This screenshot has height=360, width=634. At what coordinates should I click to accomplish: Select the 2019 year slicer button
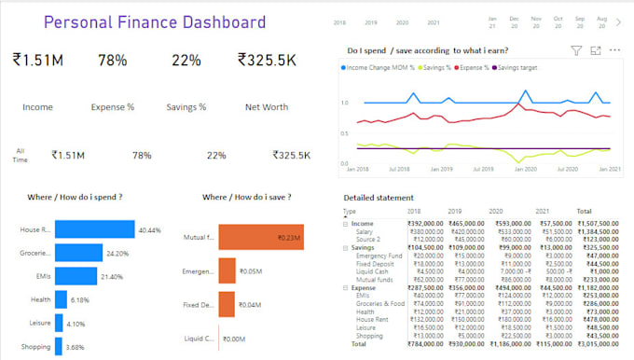pyautogui.click(x=371, y=21)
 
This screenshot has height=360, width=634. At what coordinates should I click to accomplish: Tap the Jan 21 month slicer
pyautogui.click(x=491, y=23)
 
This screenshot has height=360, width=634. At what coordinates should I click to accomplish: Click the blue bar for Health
pyautogui.click(x=61, y=299)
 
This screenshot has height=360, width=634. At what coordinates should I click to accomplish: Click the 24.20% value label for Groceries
pyautogui.click(x=117, y=253)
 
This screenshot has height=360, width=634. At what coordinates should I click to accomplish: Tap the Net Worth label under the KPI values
pyautogui.click(x=266, y=107)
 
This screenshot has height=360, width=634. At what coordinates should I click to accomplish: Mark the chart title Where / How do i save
pyautogui.click(x=246, y=198)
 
